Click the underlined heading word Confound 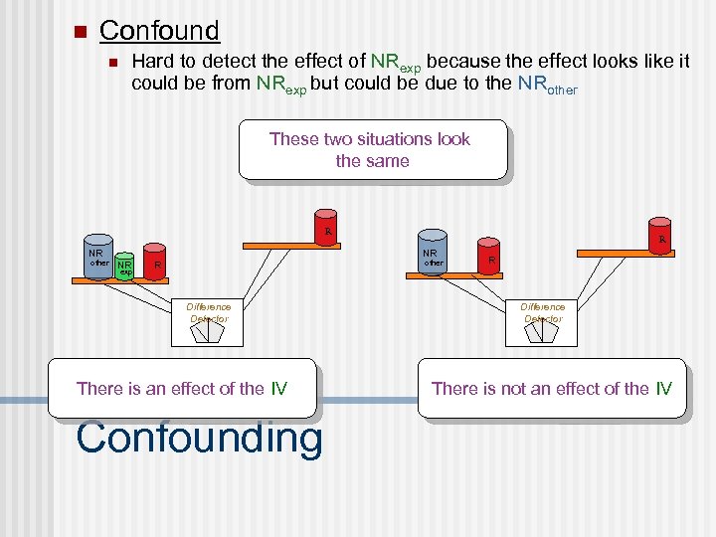click(159, 30)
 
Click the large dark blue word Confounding click(199, 438)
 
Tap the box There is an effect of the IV click(182, 388)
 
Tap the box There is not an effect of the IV click(551, 388)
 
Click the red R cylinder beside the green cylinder click(155, 262)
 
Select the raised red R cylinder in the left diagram click(326, 227)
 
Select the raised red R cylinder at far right click(658, 234)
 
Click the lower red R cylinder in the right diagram click(489, 257)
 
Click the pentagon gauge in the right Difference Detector click(542, 332)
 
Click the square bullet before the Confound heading click(81, 31)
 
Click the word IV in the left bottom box click(278, 388)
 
